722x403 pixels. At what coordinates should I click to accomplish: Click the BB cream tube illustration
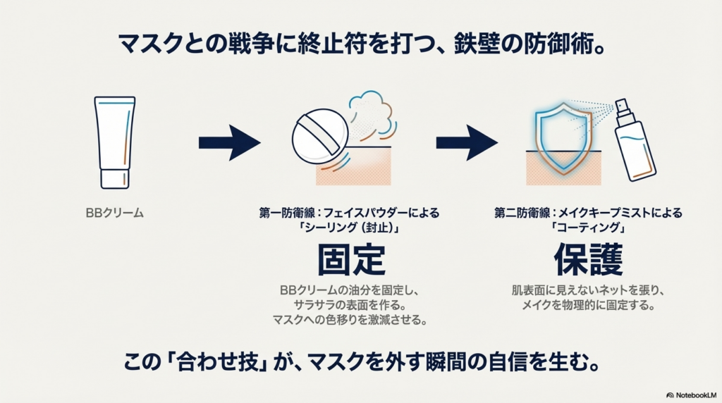click(114, 137)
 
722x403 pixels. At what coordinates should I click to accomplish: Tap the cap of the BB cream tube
click(114, 177)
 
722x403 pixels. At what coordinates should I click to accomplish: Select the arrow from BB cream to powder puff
click(229, 143)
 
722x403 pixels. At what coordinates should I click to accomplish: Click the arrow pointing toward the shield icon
click(467, 143)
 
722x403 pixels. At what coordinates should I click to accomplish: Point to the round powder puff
click(319, 136)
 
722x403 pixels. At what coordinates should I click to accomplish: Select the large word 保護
click(588, 261)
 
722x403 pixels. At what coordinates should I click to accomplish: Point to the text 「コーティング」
click(587, 228)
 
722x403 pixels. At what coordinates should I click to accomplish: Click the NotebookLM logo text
click(694, 395)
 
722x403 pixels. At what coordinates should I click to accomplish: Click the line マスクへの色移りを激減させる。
click(351, 320)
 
